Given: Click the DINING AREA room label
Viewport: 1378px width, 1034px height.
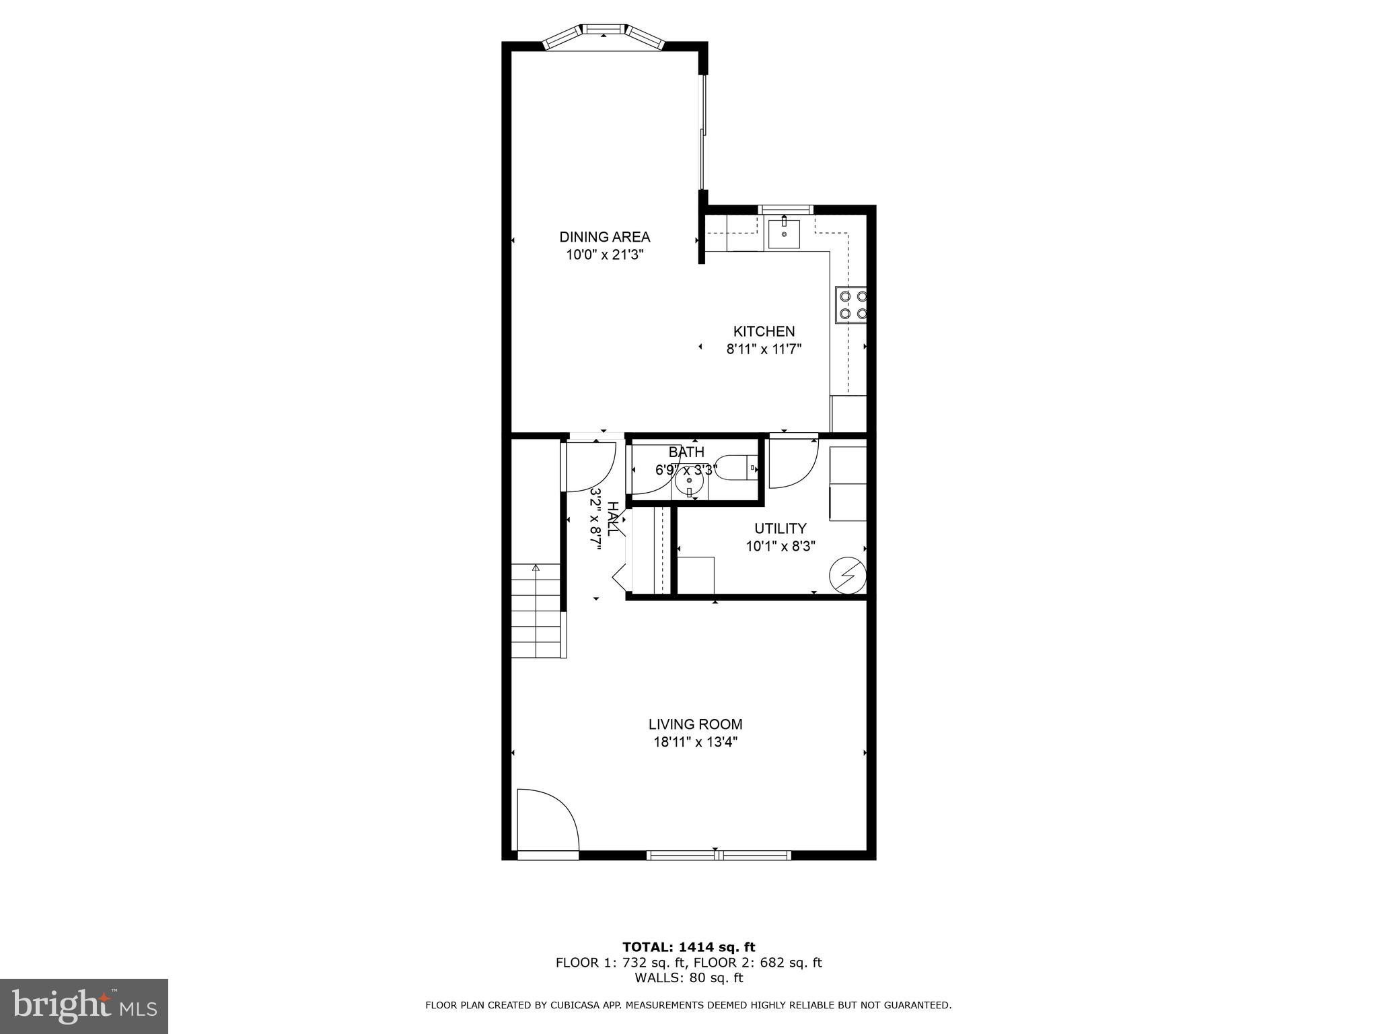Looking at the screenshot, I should tap(604, 237).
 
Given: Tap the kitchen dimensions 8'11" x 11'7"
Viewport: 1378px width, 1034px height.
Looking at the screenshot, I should tap(764, 349).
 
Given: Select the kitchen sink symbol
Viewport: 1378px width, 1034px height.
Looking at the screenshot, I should tap(784, 234).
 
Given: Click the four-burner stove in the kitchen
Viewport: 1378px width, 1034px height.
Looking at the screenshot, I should tap(851, 304).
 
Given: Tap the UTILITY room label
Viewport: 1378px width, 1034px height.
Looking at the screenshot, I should tap(780, 528).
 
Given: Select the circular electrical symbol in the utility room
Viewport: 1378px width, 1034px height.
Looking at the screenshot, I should tap(847, 576).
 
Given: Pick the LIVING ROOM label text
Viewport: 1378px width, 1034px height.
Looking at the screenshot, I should tap(695, 724).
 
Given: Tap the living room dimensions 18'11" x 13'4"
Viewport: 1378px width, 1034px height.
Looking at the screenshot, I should tap(695, 743).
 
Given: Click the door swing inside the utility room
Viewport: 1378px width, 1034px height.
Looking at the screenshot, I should tap(791, 463).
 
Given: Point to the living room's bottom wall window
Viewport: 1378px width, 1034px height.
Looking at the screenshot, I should tap(718, 856).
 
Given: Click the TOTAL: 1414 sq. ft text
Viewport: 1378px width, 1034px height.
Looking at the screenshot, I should tap(688, 947).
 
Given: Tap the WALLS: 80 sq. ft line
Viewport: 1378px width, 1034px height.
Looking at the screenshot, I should tap(688, 978).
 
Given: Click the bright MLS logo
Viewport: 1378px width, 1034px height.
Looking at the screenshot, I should tap(84, 1006).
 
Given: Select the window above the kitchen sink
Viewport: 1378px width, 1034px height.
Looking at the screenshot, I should tap(785, 209).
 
